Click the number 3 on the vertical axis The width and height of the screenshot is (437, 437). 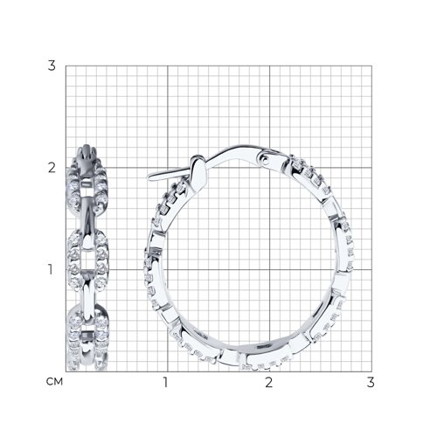[x=52, y=66]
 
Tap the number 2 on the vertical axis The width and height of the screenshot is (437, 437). [x=52, y=168]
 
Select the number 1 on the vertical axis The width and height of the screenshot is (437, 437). [x=51, y=269]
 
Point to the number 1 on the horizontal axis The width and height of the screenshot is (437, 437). [x=165, y=383]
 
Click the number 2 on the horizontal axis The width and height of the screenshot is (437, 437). [x=269, y=383]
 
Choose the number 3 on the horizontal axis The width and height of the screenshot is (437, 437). [x=371, y=383]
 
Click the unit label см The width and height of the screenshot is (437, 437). [x=54, y=382]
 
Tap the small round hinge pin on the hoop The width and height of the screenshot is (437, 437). [x=265, y=159]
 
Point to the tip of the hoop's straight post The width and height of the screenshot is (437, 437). [x=149, y=177]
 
